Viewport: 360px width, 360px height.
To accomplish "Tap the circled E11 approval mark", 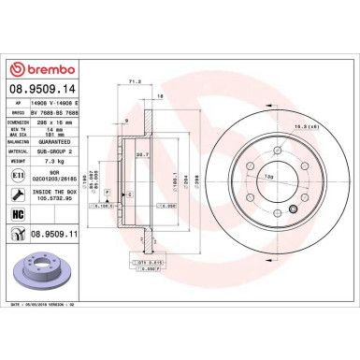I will coord(20,175).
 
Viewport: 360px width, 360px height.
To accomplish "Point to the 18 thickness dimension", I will coord(160,96).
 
